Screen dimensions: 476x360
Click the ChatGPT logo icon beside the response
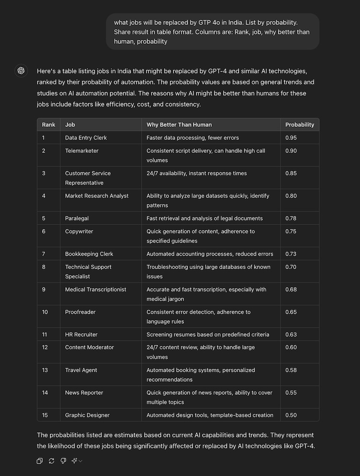[x=21, y=71]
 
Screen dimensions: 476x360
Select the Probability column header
[x=300, y=124]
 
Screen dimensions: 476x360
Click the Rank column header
[x=48, y=124]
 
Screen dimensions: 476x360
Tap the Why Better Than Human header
[x=179, y=124]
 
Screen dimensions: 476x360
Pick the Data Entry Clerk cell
[x=86, y=138]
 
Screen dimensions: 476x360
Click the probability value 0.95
[x=291, y=138]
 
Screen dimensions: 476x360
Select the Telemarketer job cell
[x=82, y=151]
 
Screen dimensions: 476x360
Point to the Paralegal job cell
[x=77, y=219]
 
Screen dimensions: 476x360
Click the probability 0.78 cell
[x=291, y=219]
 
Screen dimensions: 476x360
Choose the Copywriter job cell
[x=79, y=232]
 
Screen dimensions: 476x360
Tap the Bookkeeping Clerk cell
[x=89, y=254]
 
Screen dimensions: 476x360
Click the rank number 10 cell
[x=45, y=312]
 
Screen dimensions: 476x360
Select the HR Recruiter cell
[x=81, y=335]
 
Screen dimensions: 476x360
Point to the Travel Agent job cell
[x=81, y=370]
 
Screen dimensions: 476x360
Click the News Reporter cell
[x=84, y=393]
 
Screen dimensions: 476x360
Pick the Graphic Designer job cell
[x=87, y=415]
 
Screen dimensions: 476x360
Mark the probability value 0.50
[x=291, y=415]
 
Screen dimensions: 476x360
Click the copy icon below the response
[x=40, y=461]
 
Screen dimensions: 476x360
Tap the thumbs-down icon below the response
[x=63, y=461]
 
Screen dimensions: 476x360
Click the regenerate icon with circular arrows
[x=51, y=461]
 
